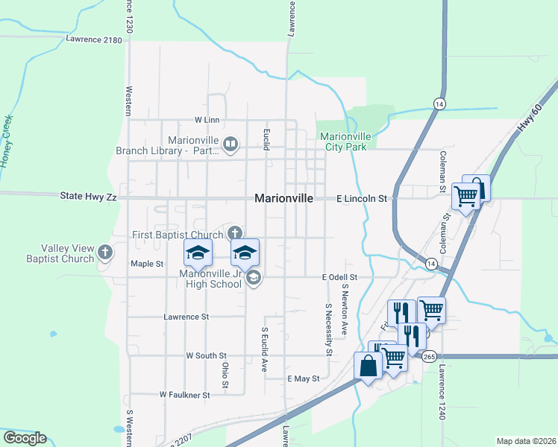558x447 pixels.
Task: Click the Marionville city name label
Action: tap(287, 198)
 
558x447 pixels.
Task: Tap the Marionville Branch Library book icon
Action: tap(231, 144)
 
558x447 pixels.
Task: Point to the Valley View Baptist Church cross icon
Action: tap(105, 252)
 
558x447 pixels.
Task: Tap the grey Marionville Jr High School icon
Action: tap(253, 279)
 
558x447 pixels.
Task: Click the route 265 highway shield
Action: tap(429, 357)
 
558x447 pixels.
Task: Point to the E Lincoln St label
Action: tap(362, 199)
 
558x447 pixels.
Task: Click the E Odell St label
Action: tap(339, 277)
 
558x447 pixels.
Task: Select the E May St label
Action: tap(303, 378)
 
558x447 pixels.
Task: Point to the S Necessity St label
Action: tap(328, 329)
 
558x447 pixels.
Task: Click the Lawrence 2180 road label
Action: tap(93, 39)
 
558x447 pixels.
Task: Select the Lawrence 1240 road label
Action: tap(442, 392)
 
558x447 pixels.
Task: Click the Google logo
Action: tap(25, 438)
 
